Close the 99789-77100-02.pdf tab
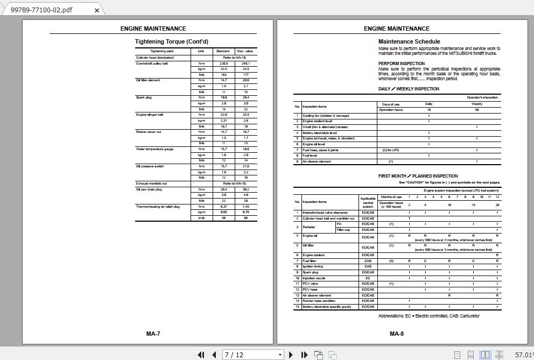pyautogui.click(x=97, y=10)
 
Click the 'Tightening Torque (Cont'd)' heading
pyautogui.click(x=171, y=41)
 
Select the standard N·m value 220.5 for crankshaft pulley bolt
pyautogui.click(x=223, y=63)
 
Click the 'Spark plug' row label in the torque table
pyautogui.click(x=144, y=97)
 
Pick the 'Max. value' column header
pyautogui.click(x=245, y=51)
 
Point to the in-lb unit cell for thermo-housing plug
pyautogui.click(x=201, y=218)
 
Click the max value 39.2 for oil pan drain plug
pyautogui.click(x=245, y=189)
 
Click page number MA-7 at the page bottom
pyautogui.click(x=153, y=334)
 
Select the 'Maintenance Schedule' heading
pyautogui.click(x=409, y=41)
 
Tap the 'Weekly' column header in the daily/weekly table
pyautogui.click(x=476, y=104)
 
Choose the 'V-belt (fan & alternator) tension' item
pyautogui.click(x=325, y=127)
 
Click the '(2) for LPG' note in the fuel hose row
pyautogui.click(x=390, y=150)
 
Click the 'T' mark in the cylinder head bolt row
pyautogui.click(x=409, y=218)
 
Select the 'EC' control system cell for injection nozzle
pyautogui.click(x=368, y=278)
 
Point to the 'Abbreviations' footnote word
pyautogui.click(x=394, y=316)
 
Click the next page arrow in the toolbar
pyautogui.click(x=291, y=355)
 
